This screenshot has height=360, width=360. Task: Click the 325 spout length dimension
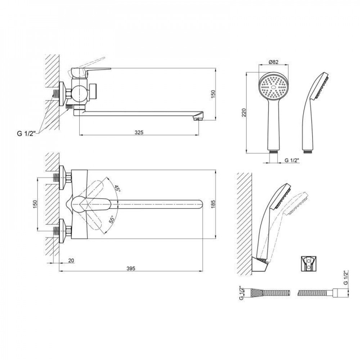(139, 132)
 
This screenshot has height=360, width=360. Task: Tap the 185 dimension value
(213, 204)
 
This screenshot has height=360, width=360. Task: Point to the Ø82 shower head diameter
(273, 62)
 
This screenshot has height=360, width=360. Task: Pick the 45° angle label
(117, 188)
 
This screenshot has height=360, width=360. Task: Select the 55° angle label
(112, 220)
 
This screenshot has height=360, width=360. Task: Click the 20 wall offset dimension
(71, 261)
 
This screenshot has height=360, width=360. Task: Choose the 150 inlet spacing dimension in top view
(35, 204)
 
